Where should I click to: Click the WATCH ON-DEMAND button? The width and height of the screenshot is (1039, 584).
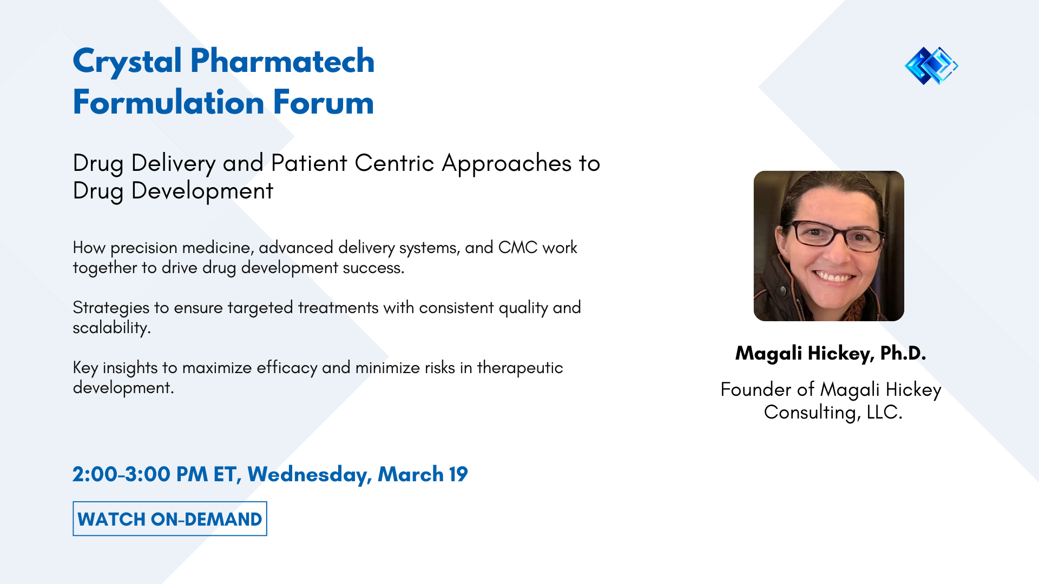(169, 519)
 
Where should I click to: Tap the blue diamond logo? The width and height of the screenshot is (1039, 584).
(931, 66)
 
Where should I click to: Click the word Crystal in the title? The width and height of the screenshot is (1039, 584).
(127, 61)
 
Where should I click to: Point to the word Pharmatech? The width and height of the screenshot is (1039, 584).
(282, 61)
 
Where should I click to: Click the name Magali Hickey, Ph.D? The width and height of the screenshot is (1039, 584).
(830, 353)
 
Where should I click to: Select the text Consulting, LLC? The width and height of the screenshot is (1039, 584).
(833, 413)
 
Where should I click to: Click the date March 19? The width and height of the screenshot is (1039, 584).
(422, 475)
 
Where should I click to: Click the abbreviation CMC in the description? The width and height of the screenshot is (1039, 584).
(517, 248)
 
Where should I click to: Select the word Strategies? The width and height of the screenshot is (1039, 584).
(110, 308)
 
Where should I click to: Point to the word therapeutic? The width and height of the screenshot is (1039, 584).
(519, 368)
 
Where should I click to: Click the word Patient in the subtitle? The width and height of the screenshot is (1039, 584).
(308, 163)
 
